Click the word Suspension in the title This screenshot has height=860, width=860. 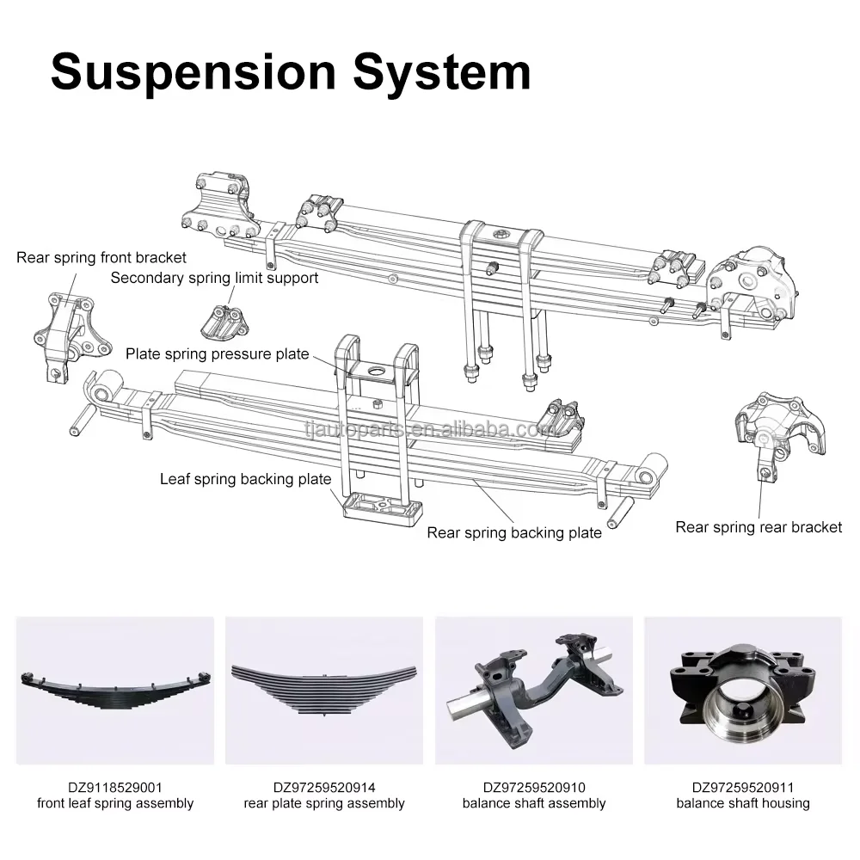tap(193, 72)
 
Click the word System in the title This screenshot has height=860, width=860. tap(442, 72)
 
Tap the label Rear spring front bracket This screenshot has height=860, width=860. tap(101, 257)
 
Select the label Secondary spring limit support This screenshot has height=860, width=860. tap(214, 278)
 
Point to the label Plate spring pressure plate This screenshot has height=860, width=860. tap(218, 353)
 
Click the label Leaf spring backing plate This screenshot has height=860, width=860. tap(246, 479)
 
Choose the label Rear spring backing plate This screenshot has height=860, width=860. tap(514, 532)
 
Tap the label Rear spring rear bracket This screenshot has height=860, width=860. tap(759, 527)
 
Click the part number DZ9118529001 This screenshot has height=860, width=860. tap(115, 788)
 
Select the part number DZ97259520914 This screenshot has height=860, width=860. tap(324, 788)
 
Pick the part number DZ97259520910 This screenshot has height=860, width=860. tap(534, 788)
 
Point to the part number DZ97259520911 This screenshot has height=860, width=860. tap(743, 788)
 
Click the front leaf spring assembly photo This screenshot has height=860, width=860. tap(115, 690)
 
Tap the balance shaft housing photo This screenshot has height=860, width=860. tap(743, 690)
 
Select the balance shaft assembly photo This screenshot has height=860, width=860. tap(534, 690)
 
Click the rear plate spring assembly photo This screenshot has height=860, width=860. tap(324, 690)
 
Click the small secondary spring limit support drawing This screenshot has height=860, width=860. tap(224, 322)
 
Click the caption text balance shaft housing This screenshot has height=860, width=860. tap(743, 803)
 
